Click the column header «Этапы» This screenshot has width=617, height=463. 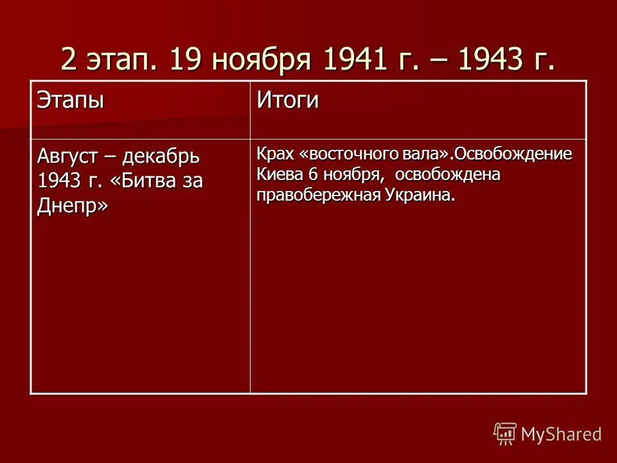[70, 101]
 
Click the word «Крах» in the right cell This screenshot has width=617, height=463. [276, 155]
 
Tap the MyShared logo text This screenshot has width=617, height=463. [561, 434]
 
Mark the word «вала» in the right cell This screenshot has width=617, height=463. [422, 155]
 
